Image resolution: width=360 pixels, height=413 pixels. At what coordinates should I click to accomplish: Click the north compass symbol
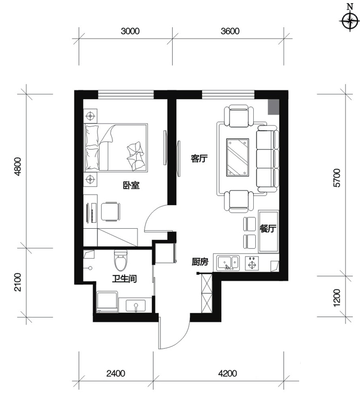click(x=350, y=21)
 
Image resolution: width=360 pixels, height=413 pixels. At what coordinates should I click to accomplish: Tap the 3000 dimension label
click(x=130, y=31)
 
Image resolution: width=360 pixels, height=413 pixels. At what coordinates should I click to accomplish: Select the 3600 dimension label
click(x=230, y=31)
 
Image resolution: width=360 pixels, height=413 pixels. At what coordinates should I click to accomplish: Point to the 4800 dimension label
click(x=18, y=166)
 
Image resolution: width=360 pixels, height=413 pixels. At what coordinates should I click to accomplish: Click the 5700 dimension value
click(x=337, y=178)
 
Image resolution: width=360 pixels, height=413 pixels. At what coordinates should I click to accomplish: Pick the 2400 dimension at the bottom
click(x=116, y=373)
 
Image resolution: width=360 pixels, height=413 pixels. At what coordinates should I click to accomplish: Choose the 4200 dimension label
click(x=227, y=373)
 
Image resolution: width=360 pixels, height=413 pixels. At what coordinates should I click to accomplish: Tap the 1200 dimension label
click(x=337, y=298)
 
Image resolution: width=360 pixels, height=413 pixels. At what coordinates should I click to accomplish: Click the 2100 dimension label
click(x=18, y=282)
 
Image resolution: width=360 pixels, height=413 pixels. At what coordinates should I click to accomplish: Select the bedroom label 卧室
click(x=132, y=185)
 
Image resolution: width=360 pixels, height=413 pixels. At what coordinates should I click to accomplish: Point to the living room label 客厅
click(x=199, y=158)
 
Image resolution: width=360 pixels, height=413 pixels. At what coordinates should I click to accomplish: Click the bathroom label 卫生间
click(x=124, y=279)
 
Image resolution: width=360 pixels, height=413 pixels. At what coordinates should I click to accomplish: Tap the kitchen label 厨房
click(x=200, y=262)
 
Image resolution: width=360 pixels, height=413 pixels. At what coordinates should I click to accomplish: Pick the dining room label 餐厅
click(x=268, y=229)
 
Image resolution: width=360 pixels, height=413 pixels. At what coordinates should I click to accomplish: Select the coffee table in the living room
click(x=238, y=157)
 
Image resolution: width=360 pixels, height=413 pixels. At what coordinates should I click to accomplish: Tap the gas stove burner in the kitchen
click(x=252, y=263)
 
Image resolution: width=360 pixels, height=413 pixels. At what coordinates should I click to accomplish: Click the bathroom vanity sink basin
click(x=136, y=306)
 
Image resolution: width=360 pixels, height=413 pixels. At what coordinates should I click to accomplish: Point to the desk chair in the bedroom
click(x=110, y=212)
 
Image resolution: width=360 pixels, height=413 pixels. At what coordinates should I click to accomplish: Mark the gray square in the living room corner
click(x=273, y=107)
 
